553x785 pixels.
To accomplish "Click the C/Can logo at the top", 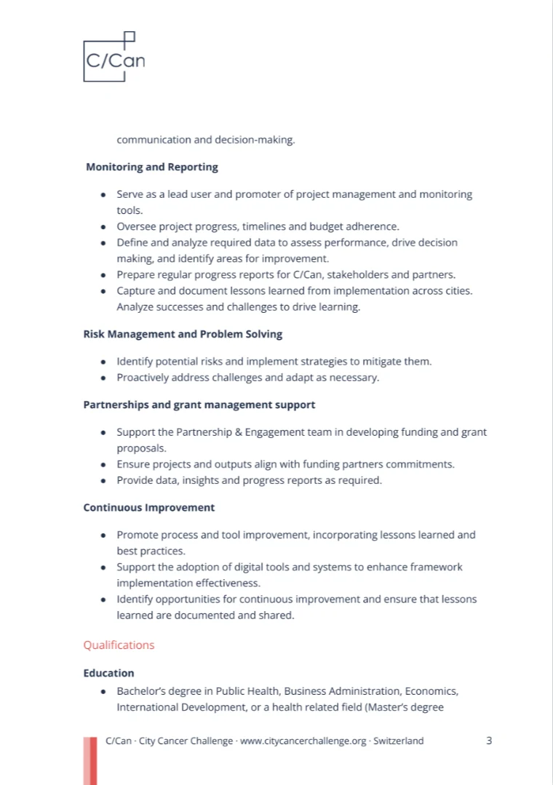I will [114, 57].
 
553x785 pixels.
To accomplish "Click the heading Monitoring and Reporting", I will [152, 167].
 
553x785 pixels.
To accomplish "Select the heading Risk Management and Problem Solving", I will [183, 335].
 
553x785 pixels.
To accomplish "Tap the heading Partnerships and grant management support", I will [199, 405].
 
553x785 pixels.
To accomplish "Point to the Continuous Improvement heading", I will [148, 507].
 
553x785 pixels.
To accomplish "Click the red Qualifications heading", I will [119, 645].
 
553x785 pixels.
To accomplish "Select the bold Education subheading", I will [108, 674].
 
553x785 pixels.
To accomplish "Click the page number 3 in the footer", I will [489, 741].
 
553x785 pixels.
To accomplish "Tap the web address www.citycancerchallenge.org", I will [303, 741].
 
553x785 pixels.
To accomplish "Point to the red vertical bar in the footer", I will [89, 760].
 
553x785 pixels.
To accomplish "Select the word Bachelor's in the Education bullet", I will [140, 691].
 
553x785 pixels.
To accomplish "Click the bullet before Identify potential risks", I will [105, 362].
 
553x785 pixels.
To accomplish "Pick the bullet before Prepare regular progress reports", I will [105, 275].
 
